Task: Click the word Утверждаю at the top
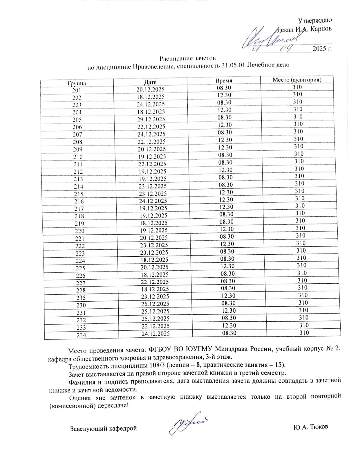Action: (315, 20)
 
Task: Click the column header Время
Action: (224, 81)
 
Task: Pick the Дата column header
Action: (150, 82)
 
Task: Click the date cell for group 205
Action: (151, 119)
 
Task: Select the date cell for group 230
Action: (155, 304)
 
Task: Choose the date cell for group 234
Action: (155, 334)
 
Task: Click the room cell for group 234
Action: (304, 333)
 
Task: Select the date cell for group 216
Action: (153, 201)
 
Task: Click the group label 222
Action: (80, 246)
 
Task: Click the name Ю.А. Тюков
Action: (310, 427)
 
